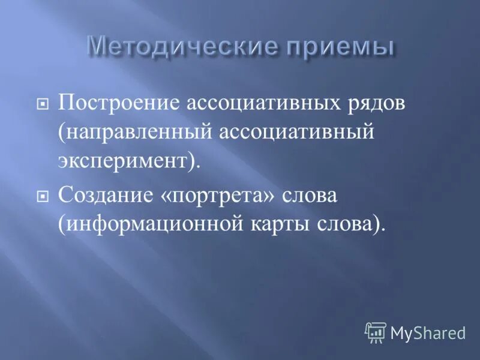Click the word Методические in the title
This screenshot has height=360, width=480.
coord(182,47)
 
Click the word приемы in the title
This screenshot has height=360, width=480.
coord(338,47)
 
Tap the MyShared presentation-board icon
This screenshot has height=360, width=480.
coord(375,331)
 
